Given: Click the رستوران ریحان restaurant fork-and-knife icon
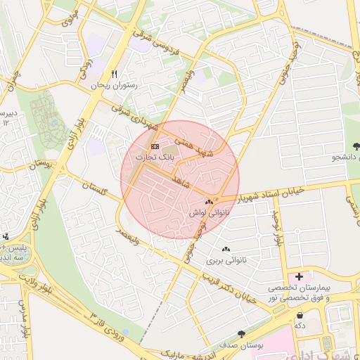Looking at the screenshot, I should click(x=114, y=74).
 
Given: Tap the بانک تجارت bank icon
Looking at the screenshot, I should click(x=155, y=147).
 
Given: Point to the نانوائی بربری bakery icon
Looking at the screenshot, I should click(x=226, y=250).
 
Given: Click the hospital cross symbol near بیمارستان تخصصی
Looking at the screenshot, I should click(x=299, y=276).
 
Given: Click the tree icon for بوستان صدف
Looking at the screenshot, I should click(x=242, y=334).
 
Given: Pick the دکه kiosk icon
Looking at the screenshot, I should click(x=301, y=315).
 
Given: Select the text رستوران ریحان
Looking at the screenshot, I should click(x=116, y=85).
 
